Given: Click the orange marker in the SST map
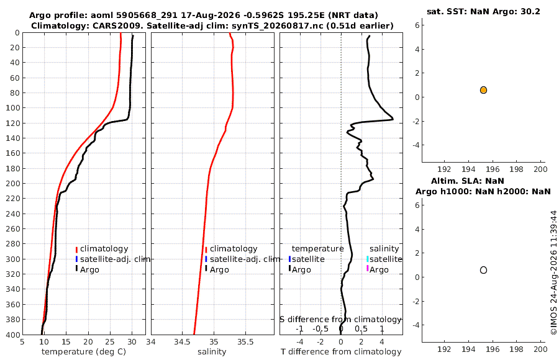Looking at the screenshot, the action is [x=483, y=90].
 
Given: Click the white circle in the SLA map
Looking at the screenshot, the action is [x=483, y=270].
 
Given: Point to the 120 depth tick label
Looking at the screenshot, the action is [x=12, y=123].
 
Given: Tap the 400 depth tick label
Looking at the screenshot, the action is [x=12, y=335].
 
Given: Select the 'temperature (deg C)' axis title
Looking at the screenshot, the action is [x=84, y=352].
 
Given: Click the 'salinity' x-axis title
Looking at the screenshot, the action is [x=212, y=352].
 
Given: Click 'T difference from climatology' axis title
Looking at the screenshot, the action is [x=341, y=352].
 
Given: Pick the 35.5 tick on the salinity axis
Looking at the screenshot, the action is [x=245, y=342].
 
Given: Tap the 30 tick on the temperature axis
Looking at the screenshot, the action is [x=132, y=342].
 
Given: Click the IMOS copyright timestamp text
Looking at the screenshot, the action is [x=553, y=272].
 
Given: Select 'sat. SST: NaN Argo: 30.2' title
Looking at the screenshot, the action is [x=483, y=11].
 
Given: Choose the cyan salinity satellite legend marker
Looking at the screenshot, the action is [x=368, y=259].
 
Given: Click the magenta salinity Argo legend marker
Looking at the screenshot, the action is [x=368, y=268].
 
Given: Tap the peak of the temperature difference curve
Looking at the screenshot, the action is [x=393, y=119].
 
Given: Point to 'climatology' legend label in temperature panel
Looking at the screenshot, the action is [x=104, y=249].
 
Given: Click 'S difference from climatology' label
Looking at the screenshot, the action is [x=340, y=320].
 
